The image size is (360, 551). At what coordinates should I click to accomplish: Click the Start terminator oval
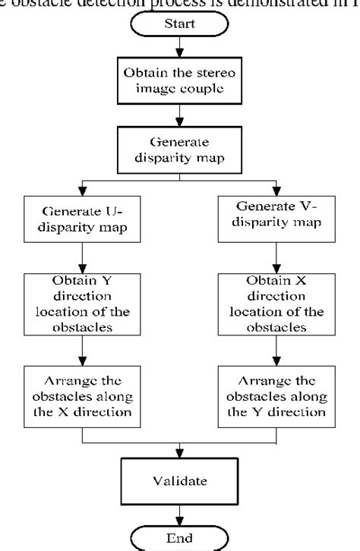point(181,23)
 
